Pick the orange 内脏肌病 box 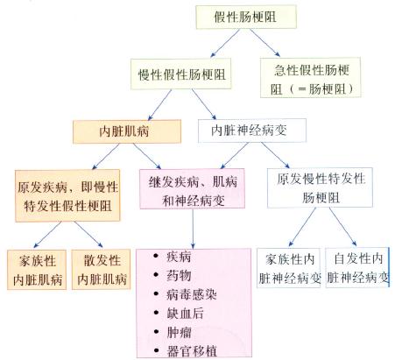[x=126, y=130]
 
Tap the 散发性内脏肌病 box [x=102, y=270]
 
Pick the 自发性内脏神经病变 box [x=359, y=269]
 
